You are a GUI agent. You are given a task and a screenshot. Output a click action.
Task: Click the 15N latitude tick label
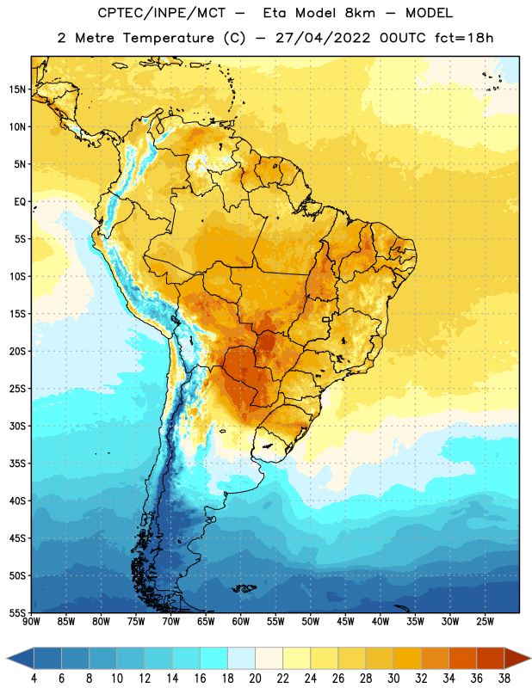pos(17,89)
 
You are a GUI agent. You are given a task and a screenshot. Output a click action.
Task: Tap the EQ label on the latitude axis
pos(20,202)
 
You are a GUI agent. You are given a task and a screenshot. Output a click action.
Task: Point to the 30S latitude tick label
pos(17,426)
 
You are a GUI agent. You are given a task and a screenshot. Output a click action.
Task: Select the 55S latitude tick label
pos(17,613)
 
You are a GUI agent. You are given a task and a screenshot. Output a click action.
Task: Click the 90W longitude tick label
pos(31,622)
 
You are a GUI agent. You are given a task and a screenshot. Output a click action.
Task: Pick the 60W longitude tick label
pos(241,622)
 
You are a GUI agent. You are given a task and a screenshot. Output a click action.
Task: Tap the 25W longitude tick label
pos(485,622)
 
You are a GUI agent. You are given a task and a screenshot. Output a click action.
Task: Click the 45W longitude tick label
pos(345,622)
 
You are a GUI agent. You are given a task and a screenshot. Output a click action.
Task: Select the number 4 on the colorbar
pos(34,679)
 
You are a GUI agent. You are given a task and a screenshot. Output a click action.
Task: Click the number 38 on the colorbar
pos(504,679)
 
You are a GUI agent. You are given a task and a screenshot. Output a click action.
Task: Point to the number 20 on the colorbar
pos(255,679)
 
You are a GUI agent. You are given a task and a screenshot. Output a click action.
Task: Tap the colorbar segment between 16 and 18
pos(214,659)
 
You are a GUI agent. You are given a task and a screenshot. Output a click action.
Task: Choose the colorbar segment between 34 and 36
pos(462,659)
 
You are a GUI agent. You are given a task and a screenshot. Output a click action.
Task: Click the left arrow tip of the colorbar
pos(7,659)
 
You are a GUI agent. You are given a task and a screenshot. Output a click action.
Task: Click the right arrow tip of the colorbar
pos(531,659)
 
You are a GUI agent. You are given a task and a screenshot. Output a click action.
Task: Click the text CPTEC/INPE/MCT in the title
pos(161,13)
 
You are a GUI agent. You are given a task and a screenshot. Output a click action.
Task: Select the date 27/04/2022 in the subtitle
pos(323,38)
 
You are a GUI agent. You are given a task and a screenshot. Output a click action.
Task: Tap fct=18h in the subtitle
pos(464,38)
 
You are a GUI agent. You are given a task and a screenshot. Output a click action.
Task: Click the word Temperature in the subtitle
pos(168,38)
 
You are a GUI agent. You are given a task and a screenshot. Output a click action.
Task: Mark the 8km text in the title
pos(360,13)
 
